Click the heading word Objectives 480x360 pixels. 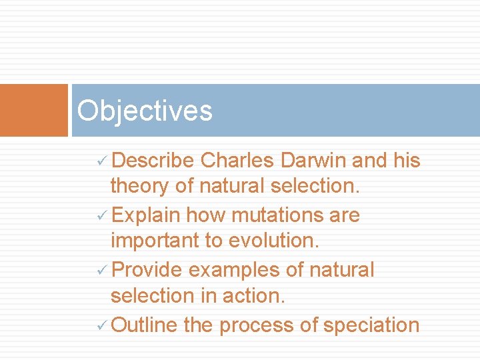click(145, 111)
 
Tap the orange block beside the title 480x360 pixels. click(34, 110)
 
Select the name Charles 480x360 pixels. click(237, 161)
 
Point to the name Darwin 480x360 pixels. click(313, 161)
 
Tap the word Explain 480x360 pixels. click(146, 215)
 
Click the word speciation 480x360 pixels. click(371, 325)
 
